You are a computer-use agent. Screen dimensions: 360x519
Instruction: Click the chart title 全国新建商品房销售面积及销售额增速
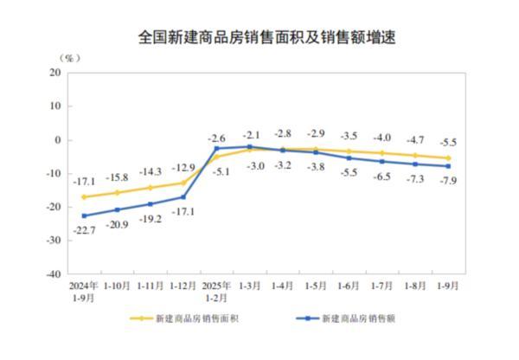259,37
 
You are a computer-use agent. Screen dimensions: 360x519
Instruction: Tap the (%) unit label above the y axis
69,58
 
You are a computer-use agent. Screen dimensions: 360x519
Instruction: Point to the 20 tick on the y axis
54,73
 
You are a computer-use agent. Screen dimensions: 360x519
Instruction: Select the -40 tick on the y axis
52,273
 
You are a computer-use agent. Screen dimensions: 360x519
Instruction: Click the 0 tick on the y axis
56,139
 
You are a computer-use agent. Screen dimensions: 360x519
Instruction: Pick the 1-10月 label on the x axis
118,285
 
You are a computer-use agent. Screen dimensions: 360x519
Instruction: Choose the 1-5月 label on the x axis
317,285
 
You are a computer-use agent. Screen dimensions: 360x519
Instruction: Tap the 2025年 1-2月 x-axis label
217,289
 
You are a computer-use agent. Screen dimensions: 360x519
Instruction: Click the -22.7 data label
84,229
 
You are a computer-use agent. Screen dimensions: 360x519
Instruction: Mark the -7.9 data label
448,180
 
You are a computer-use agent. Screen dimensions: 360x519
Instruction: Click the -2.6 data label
217,138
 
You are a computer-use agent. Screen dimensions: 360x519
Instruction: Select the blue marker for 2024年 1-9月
84,215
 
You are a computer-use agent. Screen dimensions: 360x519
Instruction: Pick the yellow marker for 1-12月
183,183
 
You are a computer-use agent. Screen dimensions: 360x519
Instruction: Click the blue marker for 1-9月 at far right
448,166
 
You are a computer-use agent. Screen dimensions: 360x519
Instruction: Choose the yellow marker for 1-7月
382,153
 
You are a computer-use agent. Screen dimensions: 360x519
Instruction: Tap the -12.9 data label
183,168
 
